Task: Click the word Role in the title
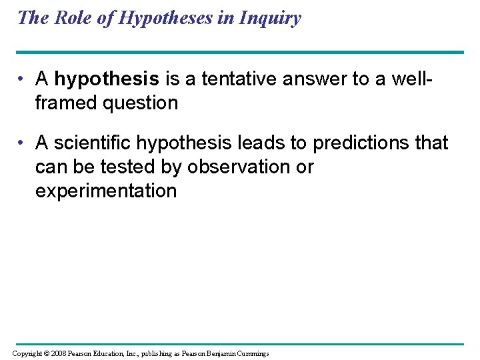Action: click(71, 17)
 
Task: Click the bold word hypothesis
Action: click(107, 79)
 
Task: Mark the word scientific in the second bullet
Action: click(95, 143)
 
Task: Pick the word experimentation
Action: click(105, 191)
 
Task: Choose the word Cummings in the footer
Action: click(249, 353)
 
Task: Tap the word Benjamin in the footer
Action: click(212, 353)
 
